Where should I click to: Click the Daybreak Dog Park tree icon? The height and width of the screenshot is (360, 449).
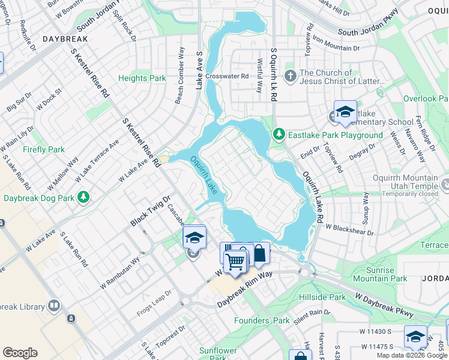pyautogui.click(x=84, y=197)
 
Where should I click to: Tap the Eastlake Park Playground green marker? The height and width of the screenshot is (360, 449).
pyautogui.click(x=279, y=134)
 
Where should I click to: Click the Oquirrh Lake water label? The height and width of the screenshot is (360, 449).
pyautogui.click(x=203, y=175)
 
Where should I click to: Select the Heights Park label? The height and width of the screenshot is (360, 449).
pyautogui.click(x=142, y=78)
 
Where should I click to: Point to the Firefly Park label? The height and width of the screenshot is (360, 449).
pyautogui.click(x=43, y=149)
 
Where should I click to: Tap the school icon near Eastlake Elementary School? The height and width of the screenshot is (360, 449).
pyautogui.click(x=345, y=112)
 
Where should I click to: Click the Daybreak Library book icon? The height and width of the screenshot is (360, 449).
pyautogui.click(x=54, y=307)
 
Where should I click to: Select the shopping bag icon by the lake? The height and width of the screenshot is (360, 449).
pyautogui.click(x=259, y=254)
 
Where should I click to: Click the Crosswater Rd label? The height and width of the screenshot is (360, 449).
pyautogui.click(x=227, y=76)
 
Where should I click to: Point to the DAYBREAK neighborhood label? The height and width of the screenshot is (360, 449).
pyautogui.click(x=65, y=38)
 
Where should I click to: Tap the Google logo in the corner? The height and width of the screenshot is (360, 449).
pyautogui.click(x=20, y=352)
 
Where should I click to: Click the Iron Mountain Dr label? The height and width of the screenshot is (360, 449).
pyautogui.click(x=336, y=47)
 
